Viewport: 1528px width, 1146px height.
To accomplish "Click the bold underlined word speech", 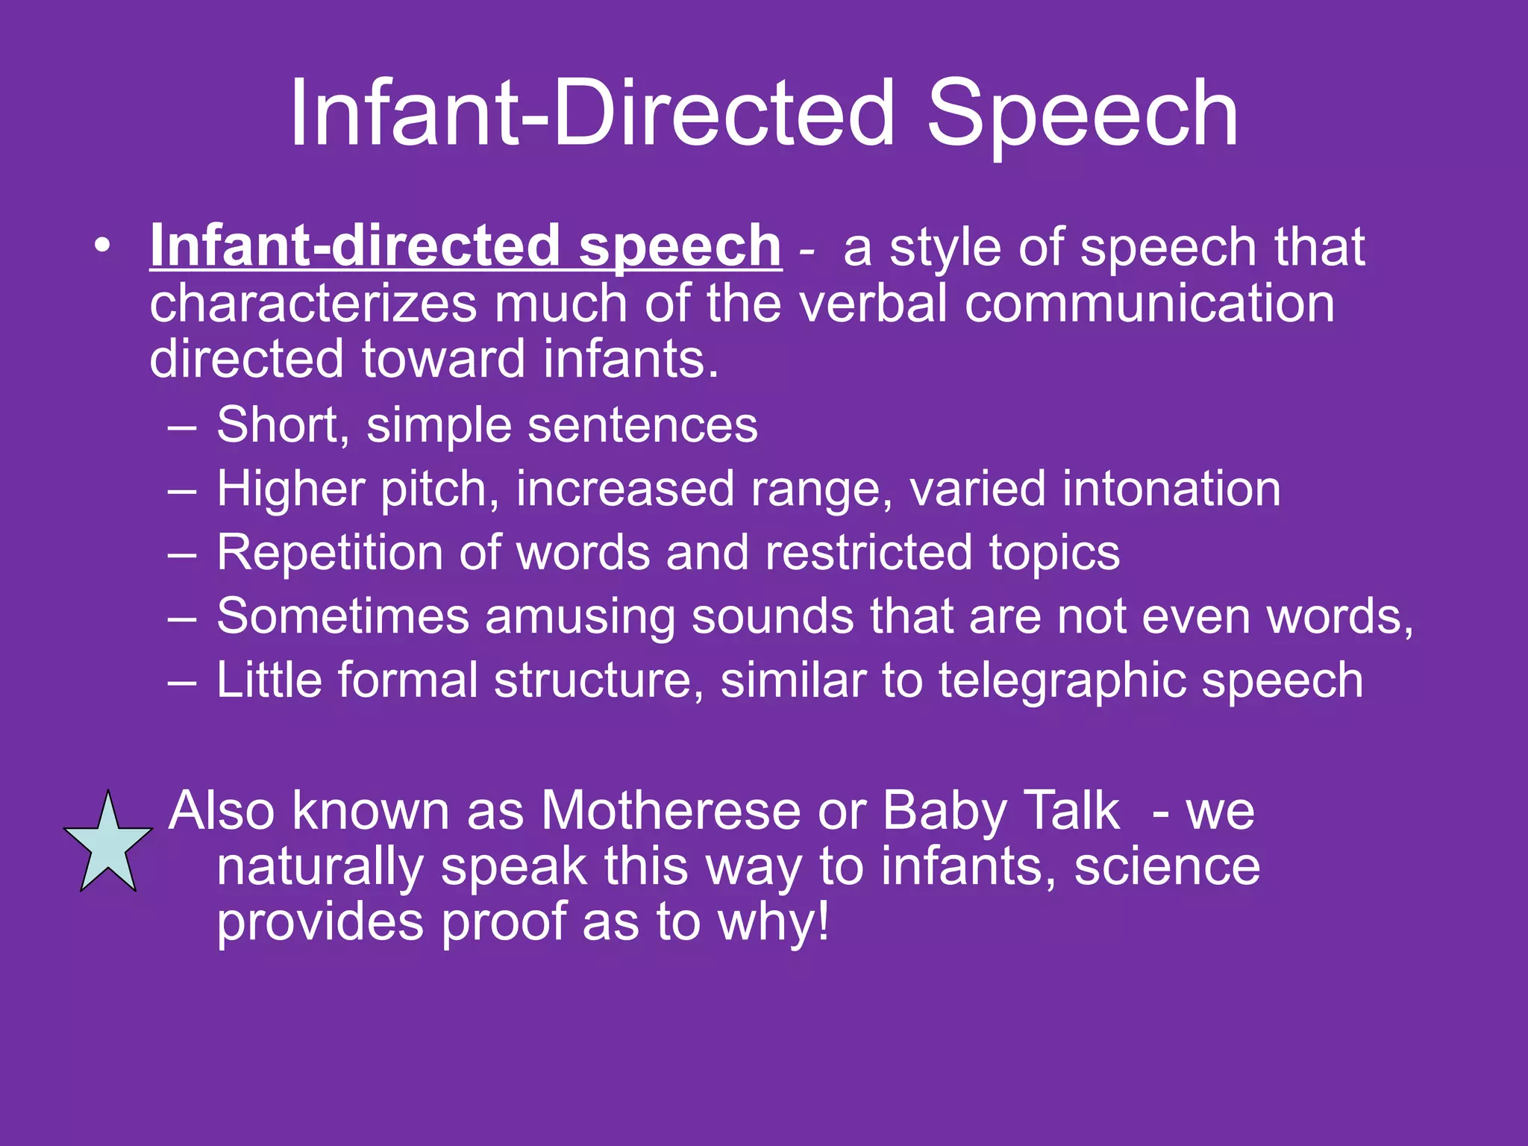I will (x=680, y=247).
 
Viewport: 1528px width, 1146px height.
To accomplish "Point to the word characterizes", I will (x=313, y=304).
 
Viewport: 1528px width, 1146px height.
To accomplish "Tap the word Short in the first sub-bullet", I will (x=277, y=425).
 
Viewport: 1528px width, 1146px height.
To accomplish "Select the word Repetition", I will (x=329, y=554).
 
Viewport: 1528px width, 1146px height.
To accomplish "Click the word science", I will (x=1167, y=867).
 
